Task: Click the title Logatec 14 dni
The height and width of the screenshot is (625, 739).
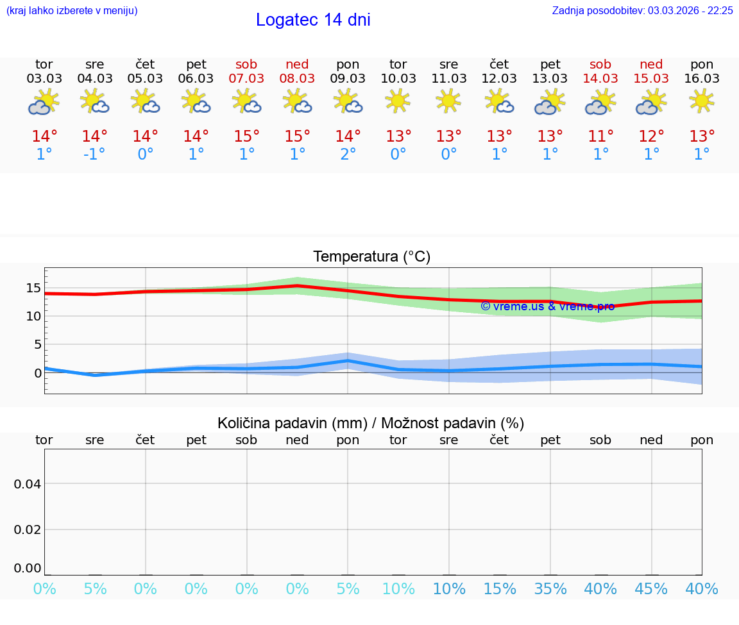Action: click(313, 20)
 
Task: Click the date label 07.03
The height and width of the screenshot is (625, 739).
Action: click(246, 78)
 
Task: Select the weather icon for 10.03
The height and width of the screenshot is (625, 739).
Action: click(398, 101)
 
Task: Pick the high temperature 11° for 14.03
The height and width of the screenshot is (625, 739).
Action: click(600, 137)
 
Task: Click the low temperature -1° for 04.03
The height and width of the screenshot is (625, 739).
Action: click(94, 154)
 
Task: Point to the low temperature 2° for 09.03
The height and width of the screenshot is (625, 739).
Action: click(348, 154)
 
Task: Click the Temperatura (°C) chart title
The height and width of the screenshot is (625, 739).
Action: click(371, 257)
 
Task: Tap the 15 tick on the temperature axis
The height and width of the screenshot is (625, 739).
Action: click(33, 288)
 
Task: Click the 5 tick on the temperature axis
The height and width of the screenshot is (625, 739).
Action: click(37, 344)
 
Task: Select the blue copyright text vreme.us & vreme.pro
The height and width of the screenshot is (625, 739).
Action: click(547, 306)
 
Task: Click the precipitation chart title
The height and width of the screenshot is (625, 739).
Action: click(371, 423)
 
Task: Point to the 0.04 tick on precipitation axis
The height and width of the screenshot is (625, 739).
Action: click(28, 484)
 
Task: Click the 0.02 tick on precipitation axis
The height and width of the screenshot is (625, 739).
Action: click(28, 529)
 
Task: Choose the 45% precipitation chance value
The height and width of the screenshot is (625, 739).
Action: click(651, 588)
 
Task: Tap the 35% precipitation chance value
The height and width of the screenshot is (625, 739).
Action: click(550, 588)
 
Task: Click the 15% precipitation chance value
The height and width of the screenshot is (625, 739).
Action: click(500, 588)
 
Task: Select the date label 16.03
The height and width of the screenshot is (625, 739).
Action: click(702, 78)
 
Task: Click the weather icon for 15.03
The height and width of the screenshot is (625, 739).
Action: click(651, 102)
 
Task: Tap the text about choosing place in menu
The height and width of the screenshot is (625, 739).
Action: click(72, 10)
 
